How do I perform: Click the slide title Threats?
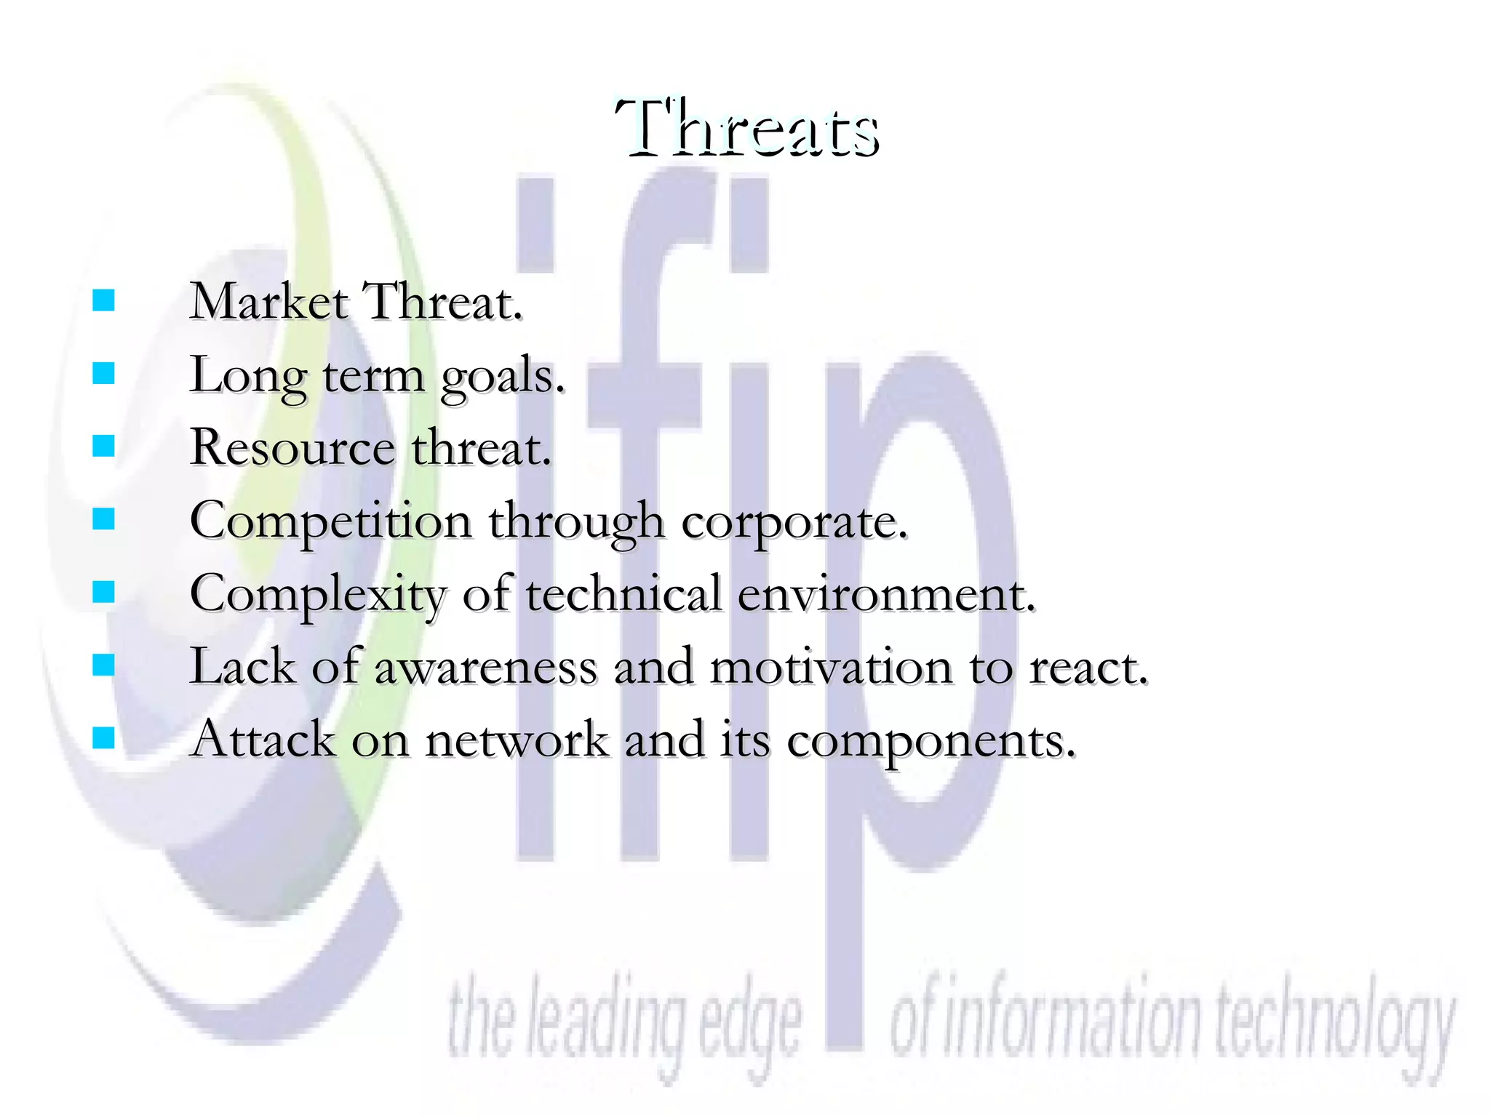[x=747, y=129]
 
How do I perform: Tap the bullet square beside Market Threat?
[x=104, y=300]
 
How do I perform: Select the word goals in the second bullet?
[x=502, y=377]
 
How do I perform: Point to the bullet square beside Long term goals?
[x=104, y=373]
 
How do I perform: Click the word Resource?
[x=292, y=447]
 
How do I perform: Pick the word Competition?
[x=330, y=521]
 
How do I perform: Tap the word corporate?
[x=794, y=523]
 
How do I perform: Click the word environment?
[x=885, y=594]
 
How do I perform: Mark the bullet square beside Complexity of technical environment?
[x=104, y=592]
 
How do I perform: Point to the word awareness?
[x=485, y=667]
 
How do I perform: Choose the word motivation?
[x=830, y=667]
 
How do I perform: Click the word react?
[x=1088, y=667]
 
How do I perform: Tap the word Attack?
[x=263, y=740]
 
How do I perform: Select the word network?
[x=517, y=740]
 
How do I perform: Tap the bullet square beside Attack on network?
[x=104, y=738]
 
